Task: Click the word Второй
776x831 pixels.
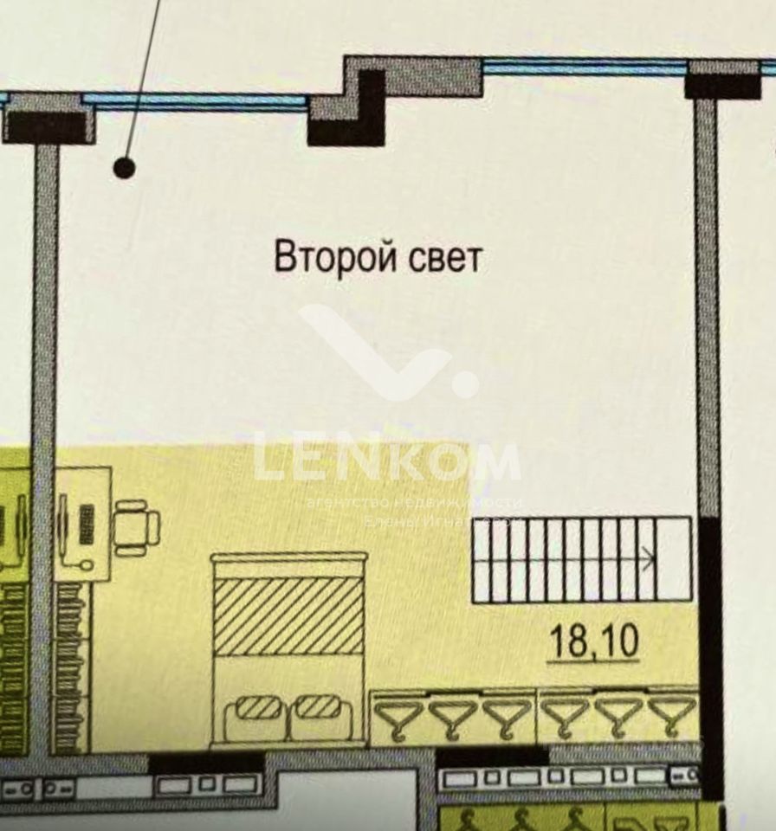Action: (x=325, y=258)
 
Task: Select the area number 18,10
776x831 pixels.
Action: (x=594, y=641)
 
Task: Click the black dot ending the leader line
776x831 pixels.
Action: (x=125, y=168)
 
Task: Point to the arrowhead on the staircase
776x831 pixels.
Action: (x=647, y=560)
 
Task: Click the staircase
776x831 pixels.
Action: (x=581, y=559)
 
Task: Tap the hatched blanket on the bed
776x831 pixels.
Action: (x=288, y=615)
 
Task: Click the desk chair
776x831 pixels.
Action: (x=137, y=526)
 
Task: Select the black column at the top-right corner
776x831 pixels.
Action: (x=722, y=85)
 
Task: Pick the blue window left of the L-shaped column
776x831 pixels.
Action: (x=196, y=101)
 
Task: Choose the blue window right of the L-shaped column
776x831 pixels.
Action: (x=584, y=67)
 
